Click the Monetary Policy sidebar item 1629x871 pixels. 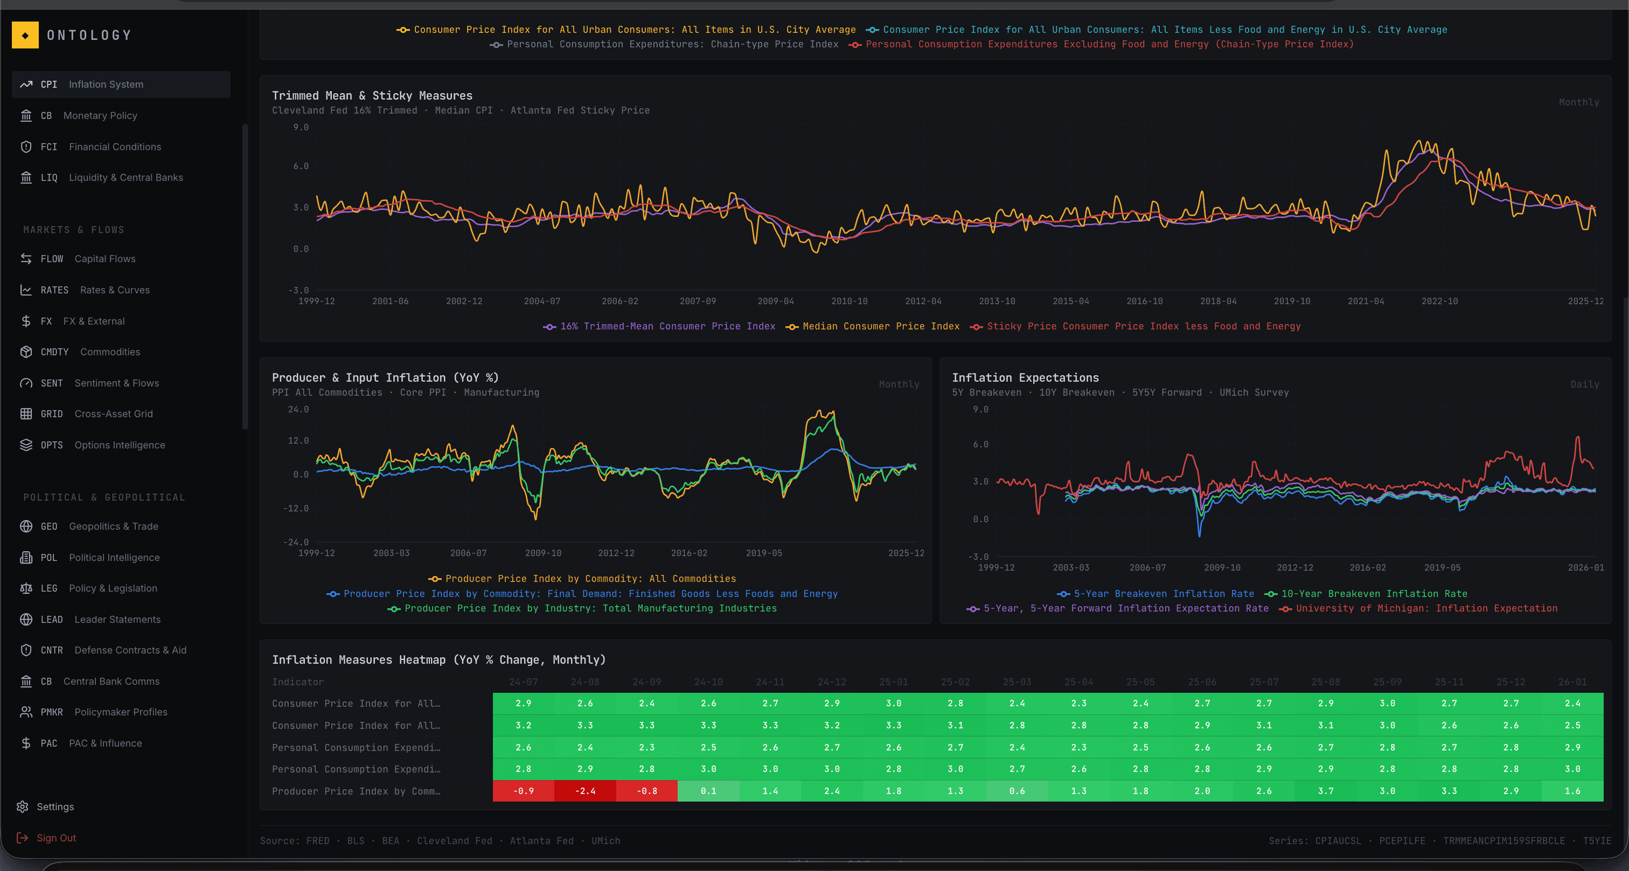(99, 116)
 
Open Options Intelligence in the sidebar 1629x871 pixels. (119, 445)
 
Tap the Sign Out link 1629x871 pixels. (55, 838)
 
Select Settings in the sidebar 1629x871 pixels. (54, 806)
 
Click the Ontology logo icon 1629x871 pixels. (25, 36)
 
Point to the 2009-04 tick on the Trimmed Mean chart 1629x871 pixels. (775, 301)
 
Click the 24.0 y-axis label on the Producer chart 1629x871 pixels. (298, 410)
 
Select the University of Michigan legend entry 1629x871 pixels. (1426, 608)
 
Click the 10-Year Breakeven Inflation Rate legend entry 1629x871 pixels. (1374, 594)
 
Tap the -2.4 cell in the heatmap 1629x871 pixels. (585, 791)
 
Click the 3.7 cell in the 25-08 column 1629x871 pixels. (1326, 791)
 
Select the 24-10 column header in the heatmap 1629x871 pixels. (708, 682)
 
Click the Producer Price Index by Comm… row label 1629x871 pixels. (356, 791)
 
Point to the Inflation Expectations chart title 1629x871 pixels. (1025, 377)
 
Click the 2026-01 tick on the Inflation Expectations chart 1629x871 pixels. (1585, 567)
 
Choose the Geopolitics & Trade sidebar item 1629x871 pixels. (113, 526)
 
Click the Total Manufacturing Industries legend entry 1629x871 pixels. (590, 608)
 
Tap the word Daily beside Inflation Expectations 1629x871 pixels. (1584, 384)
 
